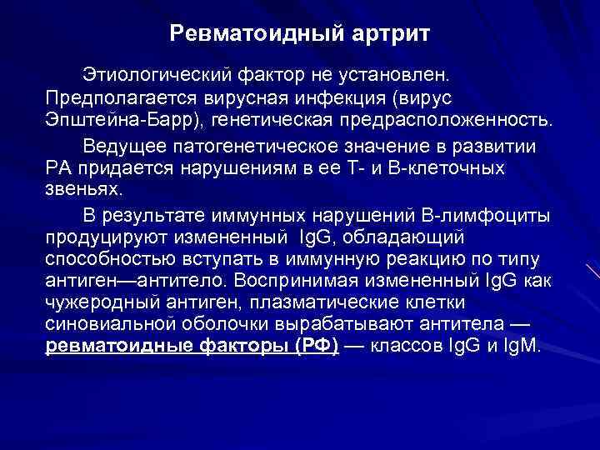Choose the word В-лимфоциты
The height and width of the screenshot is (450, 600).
[486, 217]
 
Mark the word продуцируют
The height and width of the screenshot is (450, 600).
[101, 237]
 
